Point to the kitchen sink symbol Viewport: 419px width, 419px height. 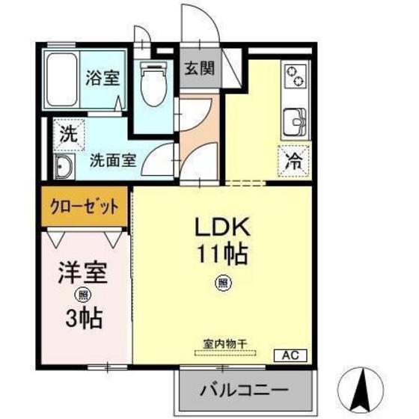tap(295, 120)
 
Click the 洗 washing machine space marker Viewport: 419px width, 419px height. tap(68, 135)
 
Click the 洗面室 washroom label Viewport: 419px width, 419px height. tap(112, 160)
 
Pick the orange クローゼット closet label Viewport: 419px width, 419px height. tap(85, 206)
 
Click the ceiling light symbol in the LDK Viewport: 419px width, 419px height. tap(222, 283)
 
